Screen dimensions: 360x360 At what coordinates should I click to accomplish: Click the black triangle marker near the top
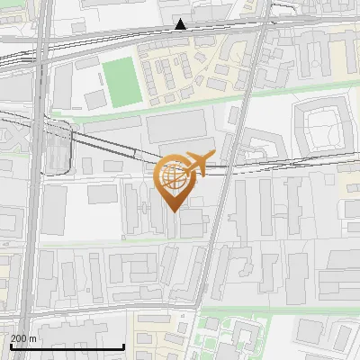coord(182,24)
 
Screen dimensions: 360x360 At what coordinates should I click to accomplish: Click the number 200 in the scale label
coord(19,337)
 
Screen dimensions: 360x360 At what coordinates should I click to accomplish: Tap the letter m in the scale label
coord(32,337)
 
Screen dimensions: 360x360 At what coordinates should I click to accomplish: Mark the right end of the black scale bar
coord(123,347)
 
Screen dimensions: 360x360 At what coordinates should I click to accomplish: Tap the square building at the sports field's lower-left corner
coord(95,98)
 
